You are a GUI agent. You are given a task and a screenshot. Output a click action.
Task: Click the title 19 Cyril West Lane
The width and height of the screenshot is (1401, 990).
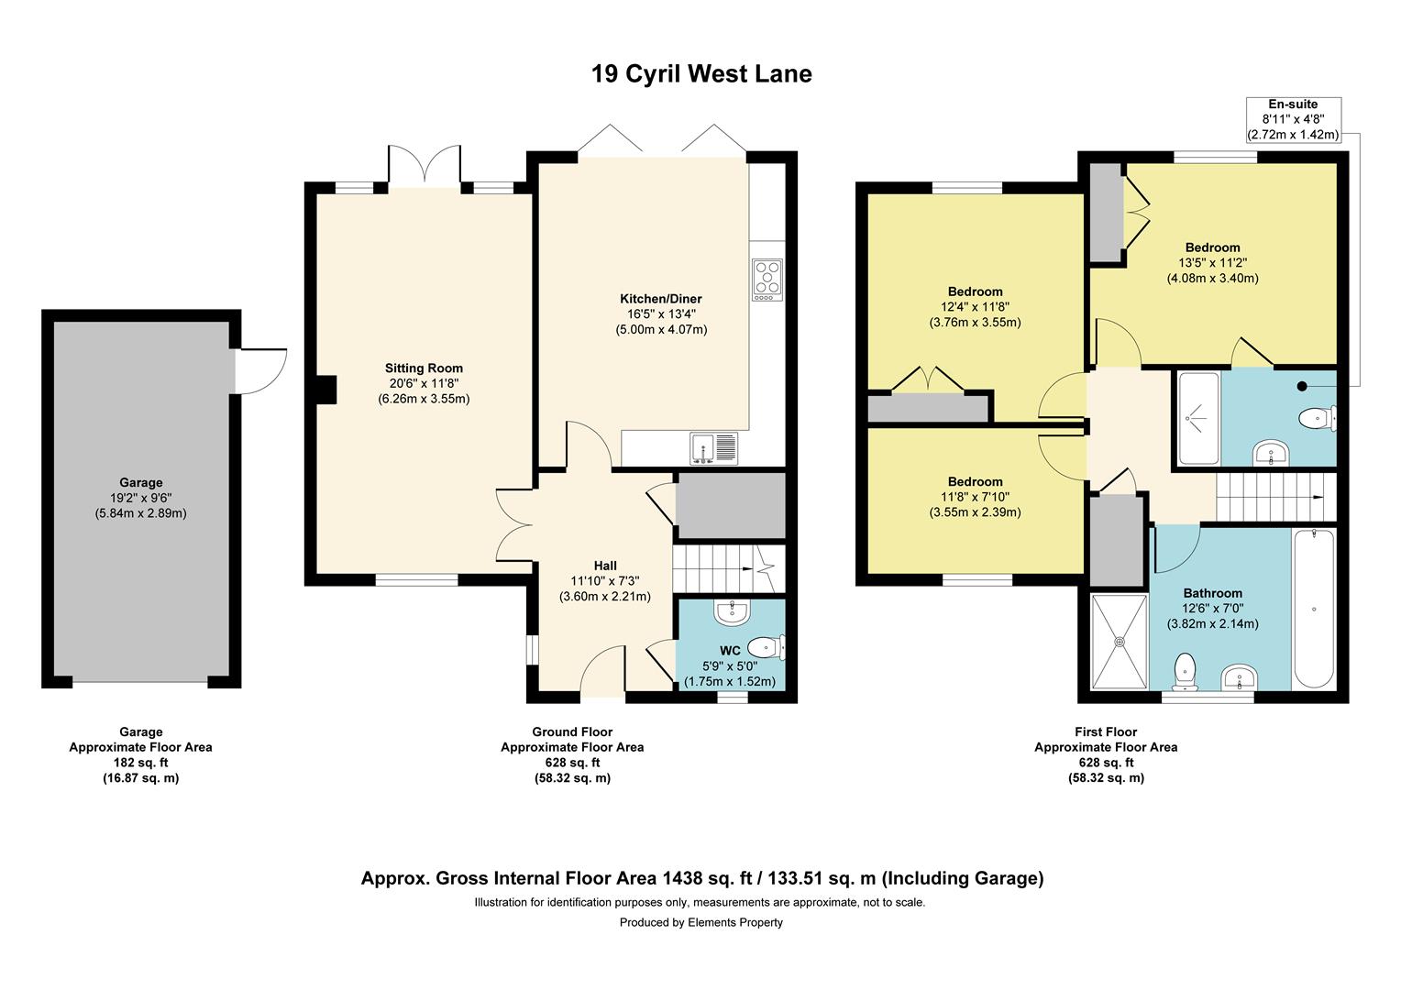pos(701,74)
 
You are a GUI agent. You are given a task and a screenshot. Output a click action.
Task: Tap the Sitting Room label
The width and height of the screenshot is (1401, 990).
pos(424,368)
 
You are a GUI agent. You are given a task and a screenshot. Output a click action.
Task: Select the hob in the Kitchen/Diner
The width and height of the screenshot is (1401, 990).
pos(767,280)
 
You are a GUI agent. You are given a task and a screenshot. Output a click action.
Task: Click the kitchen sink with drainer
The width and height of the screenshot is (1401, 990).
pos(713,447)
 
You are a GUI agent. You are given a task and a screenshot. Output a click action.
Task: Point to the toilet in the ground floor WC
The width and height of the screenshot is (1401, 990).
pos(767,646)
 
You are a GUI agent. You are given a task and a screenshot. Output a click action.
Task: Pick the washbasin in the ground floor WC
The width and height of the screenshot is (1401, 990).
pos(732,613)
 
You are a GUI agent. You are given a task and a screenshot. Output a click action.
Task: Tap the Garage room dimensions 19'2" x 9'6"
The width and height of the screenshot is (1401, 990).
pos(140,498)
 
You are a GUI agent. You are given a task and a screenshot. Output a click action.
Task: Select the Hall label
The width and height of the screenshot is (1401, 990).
pos(605,566)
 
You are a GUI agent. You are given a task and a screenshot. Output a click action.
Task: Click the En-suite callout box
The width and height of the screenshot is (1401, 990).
pos(1294,119)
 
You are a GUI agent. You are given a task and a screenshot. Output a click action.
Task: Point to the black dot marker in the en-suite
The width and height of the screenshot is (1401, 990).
pos(1302,387)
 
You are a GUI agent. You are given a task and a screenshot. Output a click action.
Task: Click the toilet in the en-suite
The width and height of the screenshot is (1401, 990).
pos(1318,418)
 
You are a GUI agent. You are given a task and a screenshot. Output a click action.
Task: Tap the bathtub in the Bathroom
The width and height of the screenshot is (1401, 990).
pos(1313,610)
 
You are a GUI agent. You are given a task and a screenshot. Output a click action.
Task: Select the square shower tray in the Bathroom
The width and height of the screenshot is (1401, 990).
pos(1120,642)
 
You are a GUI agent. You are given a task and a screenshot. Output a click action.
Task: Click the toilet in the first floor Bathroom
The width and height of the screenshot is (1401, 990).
pos(1186,672)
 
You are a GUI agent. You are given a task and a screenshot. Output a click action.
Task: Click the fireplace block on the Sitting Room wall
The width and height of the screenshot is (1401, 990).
pos(325,390)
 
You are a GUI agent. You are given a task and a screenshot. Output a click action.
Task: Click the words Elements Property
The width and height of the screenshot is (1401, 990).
pos(735,922)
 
